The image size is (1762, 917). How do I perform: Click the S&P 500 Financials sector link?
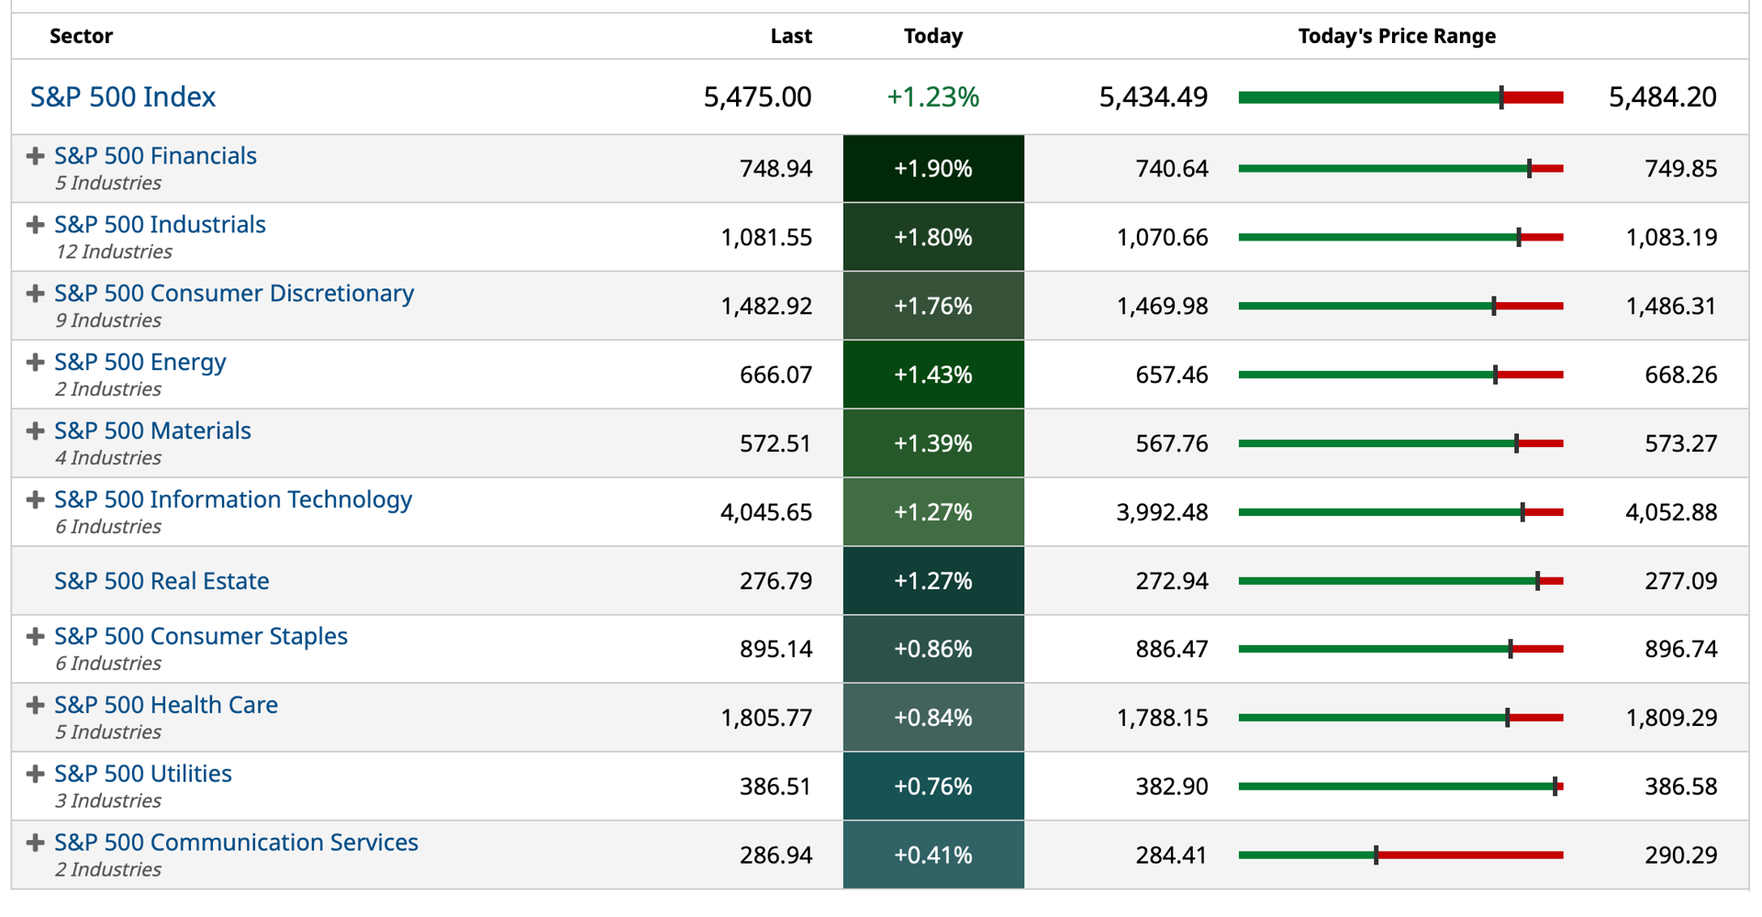coord(155,156)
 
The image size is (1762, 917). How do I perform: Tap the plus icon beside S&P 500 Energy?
coord(35,363)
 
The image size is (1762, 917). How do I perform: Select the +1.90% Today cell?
coord(932,169)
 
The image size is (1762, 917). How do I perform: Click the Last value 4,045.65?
coord(765,512)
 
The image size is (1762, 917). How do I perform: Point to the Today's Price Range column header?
coord(1396,37)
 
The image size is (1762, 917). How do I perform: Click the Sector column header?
coord(81,37)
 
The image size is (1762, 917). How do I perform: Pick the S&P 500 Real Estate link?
coord(162,581)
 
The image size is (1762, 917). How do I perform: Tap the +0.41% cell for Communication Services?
coord(932,855)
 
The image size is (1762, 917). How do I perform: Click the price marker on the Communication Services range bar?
coord(1376,855)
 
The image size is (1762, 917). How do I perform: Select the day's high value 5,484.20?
coord(1662,97)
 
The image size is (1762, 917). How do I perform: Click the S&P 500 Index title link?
coord(123,97)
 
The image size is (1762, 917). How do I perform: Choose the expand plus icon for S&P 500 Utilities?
coord(35,774)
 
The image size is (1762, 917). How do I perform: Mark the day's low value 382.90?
coord(1172,787)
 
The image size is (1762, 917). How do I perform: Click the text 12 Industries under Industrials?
coord(114,252)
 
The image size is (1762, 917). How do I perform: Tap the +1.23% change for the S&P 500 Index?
coord(932,97)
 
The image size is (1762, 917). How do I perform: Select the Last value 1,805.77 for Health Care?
coord(765,718)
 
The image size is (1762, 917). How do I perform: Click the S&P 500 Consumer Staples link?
coord(201,636)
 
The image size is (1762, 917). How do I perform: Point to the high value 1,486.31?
coord(1670,307)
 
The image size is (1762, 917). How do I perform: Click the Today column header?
coord(932,37)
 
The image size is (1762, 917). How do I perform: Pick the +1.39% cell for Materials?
coord(932,443)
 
